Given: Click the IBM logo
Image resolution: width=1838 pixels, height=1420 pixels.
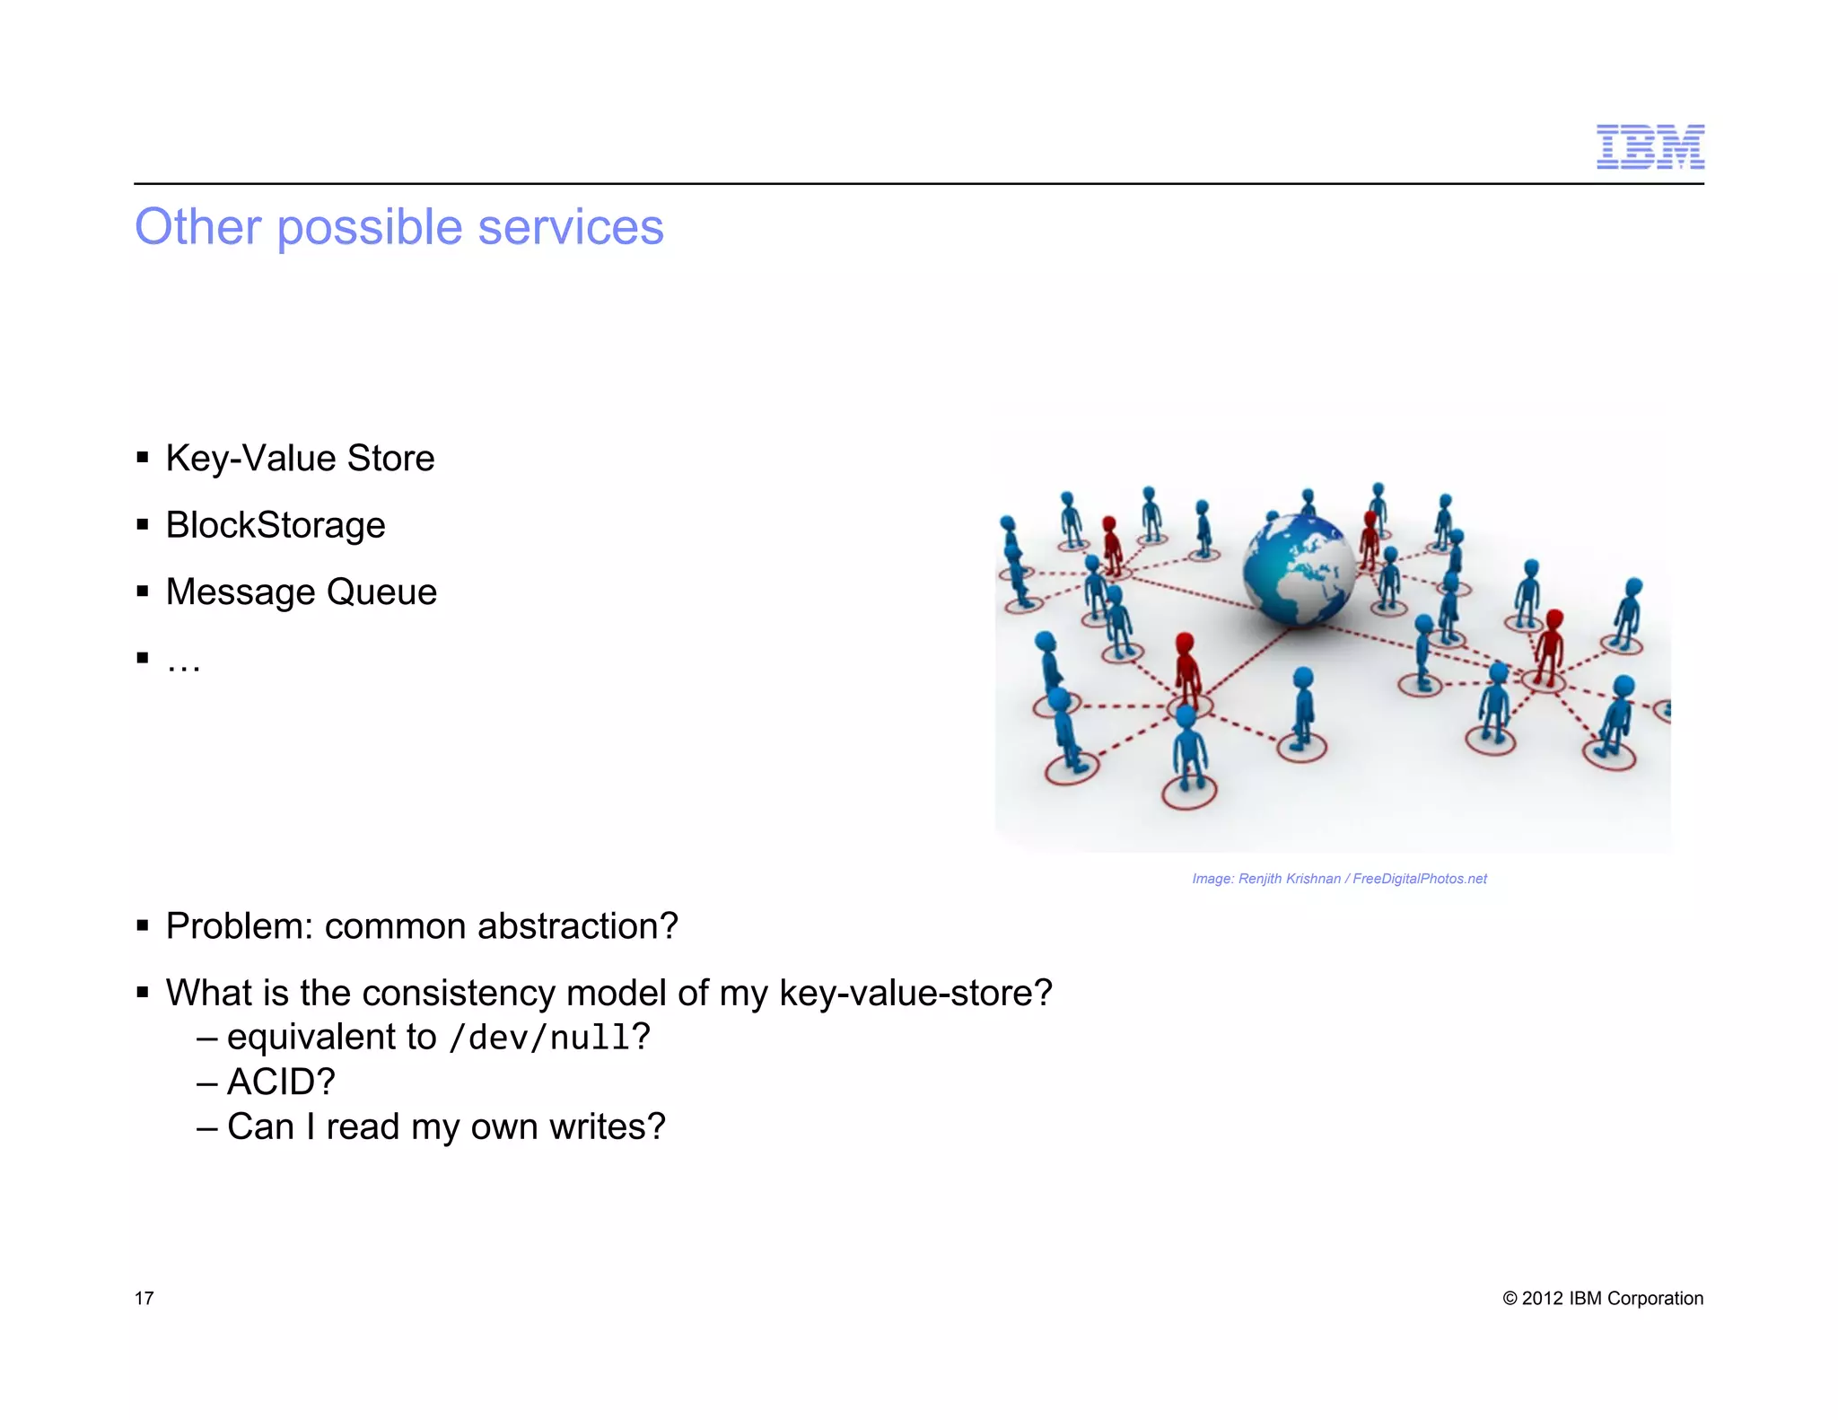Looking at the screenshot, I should pyautogui.click(x=1650, y=147).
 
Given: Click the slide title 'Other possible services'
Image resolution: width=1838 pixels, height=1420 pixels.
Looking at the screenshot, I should pyautogui.click(x=398, y=226).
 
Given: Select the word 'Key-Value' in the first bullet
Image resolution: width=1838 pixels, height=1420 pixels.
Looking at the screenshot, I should pyautogui.click(x=250, y=459).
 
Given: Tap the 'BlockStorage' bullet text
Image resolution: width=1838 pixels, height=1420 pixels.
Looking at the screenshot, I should pyautogui.click(x=276, y=525).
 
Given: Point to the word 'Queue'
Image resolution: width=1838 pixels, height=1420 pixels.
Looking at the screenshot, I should pyautogui.click(x=381, y=592).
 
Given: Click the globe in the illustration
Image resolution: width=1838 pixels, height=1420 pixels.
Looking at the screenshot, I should pyautogui.click(x=1298, y=569).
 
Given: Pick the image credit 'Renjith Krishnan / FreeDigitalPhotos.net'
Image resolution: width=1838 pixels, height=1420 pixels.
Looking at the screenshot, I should pyautogui.click(x=1338, y=879).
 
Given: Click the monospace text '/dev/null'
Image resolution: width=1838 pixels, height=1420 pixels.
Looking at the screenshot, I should pyautogui.click(x=539, y=1039).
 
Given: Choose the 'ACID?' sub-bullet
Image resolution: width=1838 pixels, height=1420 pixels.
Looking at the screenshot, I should pyautogui.click(x=280, y=1083).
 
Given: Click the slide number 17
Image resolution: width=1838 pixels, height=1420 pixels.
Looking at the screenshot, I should pyautogui.click(x=144, y=1299).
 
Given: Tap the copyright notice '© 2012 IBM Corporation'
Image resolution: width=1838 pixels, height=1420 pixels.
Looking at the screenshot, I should pyautogui.click(x=1602, y=1299).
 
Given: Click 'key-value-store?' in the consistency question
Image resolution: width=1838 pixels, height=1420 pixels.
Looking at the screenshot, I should pyautogui.click(x=915, y=994).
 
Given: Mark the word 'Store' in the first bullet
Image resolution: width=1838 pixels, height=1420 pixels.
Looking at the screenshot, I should pyautogui.click(x=390, y=459).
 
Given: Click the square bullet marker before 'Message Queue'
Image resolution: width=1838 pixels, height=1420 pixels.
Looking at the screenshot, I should pyautogui.click(x=142, y=592).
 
